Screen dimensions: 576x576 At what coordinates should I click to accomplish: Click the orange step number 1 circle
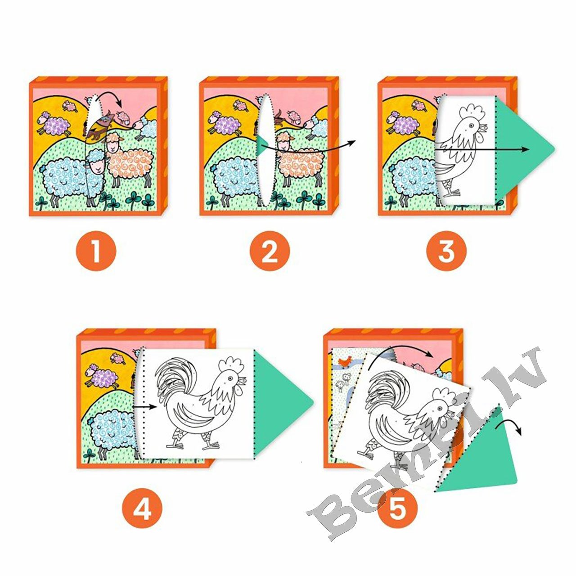pos(96,251)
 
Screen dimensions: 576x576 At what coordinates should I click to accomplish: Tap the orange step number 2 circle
pos(270,251)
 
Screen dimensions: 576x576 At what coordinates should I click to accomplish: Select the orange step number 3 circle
pos(446,251)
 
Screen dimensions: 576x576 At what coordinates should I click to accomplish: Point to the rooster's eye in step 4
pos(230,378)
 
